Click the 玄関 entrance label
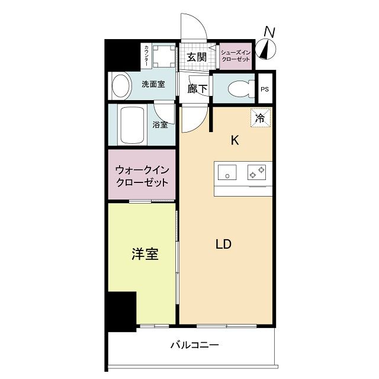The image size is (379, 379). coord(196,57)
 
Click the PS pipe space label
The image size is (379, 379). coord(265,89)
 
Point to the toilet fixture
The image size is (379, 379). coord(239,89)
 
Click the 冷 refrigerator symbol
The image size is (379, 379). coord(261,117)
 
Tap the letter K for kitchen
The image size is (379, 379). coord(235,140)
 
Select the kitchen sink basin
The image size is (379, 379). coord(226,173)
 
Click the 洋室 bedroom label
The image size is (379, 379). coord(144,255)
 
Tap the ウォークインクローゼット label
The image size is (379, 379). coord(142,176)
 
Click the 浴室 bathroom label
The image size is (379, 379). coord(160,125)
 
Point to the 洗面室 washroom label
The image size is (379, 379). coord(153,85)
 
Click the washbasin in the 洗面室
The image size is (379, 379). coord(121,86)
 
